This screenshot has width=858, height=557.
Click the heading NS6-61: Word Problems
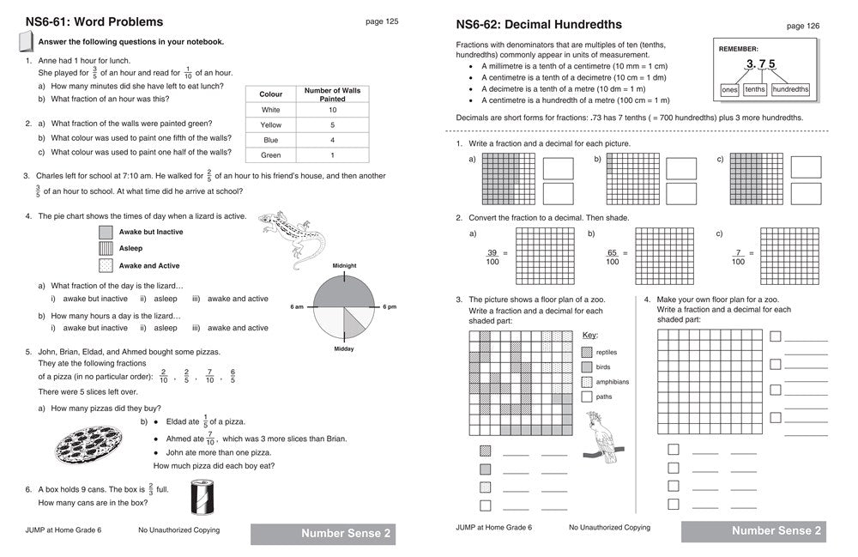tap(94, 22)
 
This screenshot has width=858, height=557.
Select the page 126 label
tap(802, 26)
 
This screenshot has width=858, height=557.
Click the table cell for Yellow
tap(271, 125)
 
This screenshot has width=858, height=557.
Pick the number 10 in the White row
tap(332, 110)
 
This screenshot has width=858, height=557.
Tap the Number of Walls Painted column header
tap(332, 94)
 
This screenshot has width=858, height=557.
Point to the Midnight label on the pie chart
tap(344, 266)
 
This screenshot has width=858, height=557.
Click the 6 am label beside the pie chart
tap(298, 306)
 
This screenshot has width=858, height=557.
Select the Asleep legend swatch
tap(106, 249)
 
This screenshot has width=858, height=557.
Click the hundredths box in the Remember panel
tap(790, 89)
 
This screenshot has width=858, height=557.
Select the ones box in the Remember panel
tap(729, 89)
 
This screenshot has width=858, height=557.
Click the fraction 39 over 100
tap(492, 257)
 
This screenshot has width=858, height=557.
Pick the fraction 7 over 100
tap(738, 257)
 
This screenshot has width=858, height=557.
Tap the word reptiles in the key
tap(607, 352)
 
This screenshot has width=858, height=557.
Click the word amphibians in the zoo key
tap(613, 382)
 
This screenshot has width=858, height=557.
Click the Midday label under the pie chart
tap(344, 348)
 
